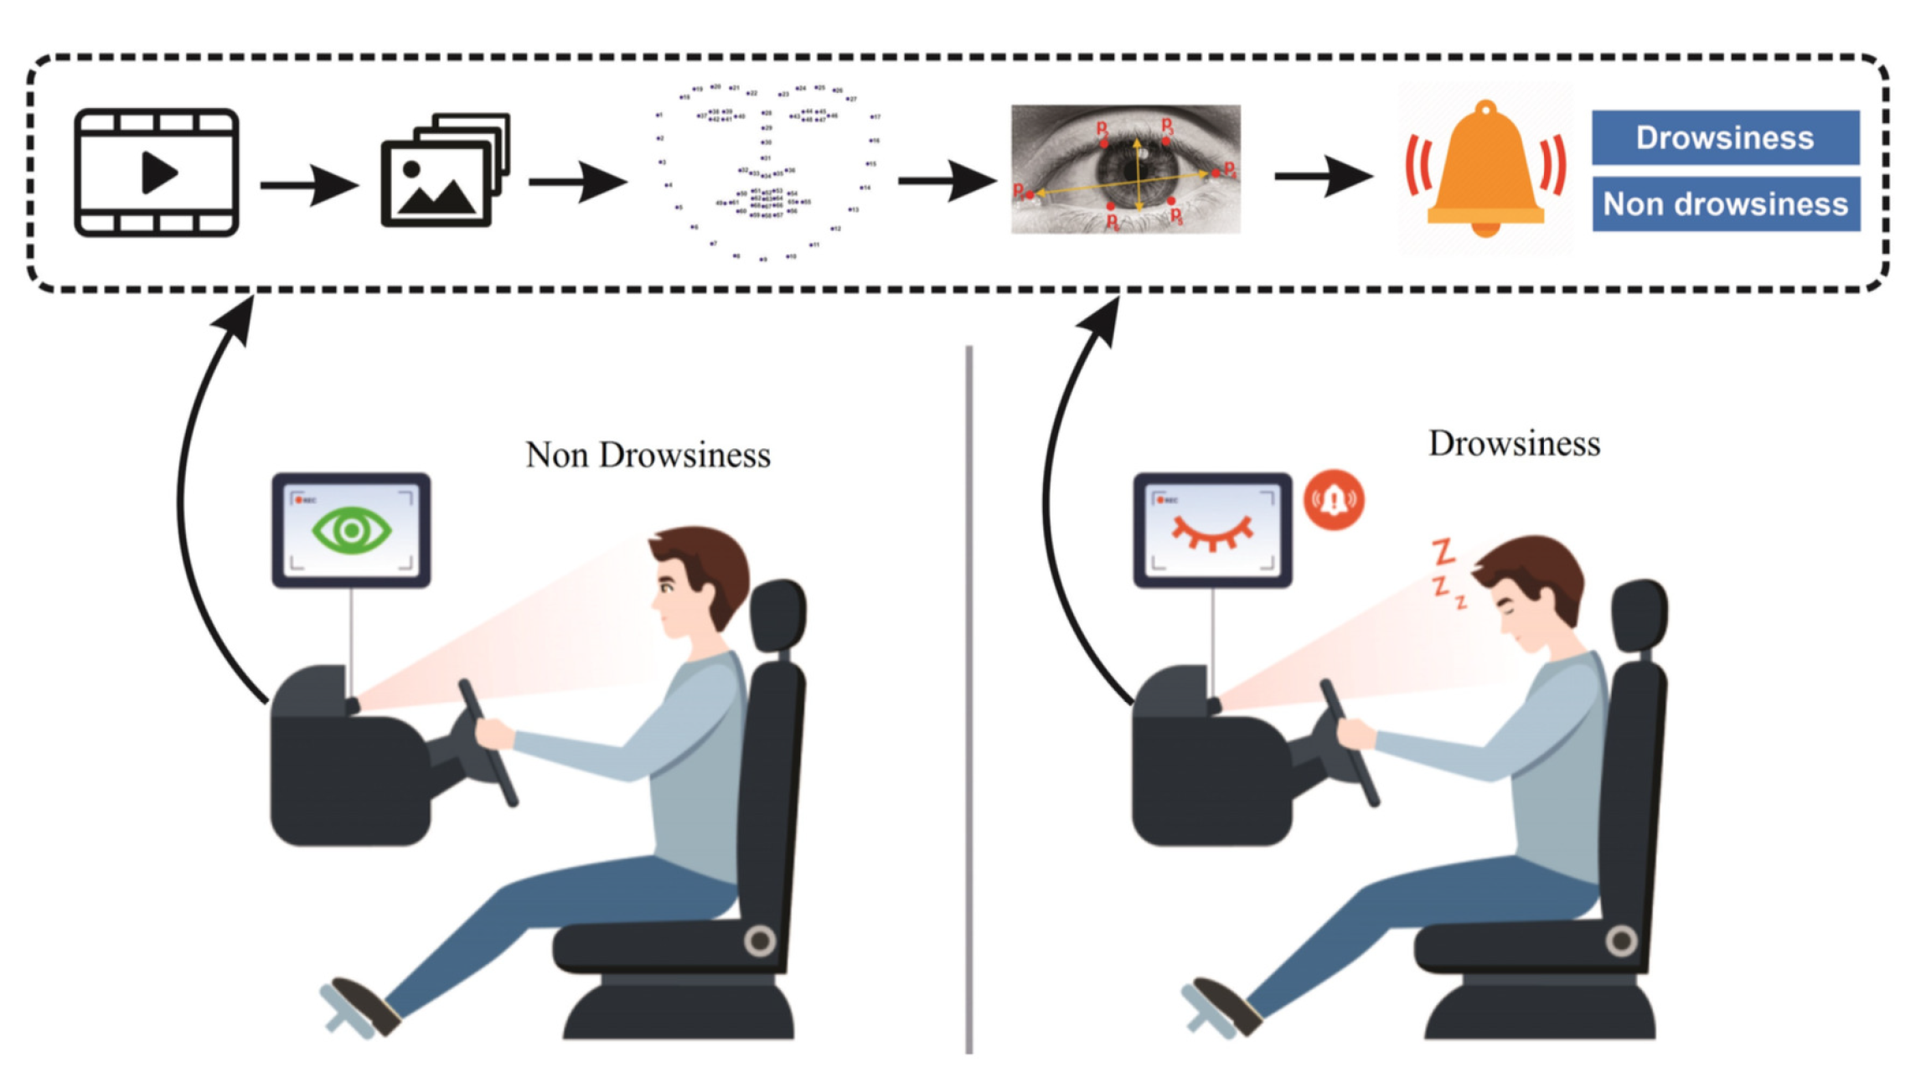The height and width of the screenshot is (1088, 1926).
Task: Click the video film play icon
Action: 157,173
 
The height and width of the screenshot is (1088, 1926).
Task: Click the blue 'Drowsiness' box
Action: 1725,137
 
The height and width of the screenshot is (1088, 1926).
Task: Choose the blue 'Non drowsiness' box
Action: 1725,204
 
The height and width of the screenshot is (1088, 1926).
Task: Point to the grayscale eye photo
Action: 1125,169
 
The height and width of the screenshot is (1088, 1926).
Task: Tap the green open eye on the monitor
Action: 351,530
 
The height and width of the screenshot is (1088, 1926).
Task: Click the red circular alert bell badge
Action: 1334,500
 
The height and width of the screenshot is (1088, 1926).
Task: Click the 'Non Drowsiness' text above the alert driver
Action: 648,455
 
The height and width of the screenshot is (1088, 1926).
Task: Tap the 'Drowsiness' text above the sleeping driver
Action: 1514,443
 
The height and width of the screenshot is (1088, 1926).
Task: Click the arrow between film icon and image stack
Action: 309,184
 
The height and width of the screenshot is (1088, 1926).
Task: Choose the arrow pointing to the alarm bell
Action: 1323,176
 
